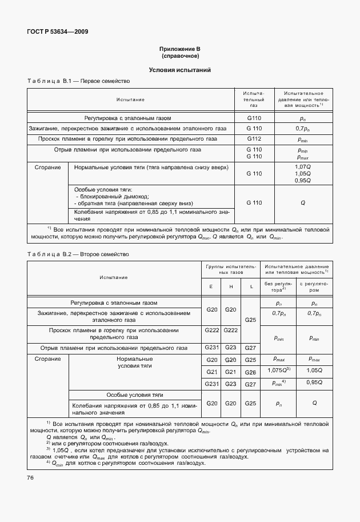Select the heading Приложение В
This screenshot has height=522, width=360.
tap(180, 49)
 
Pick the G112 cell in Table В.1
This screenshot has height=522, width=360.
tap(254, 138)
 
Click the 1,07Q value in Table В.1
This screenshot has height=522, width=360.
tap(302, 166)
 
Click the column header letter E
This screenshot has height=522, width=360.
tap(211, 286)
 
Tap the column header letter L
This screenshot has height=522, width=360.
tap(250, 286)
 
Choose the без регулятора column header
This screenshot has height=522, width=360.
tap(278, 286)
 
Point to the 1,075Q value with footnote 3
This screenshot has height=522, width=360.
tap(279, 372)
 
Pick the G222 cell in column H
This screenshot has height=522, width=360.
tap(230, 330)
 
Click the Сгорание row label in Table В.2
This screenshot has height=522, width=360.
tap(47, 359)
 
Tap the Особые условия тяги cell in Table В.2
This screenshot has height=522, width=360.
tap(135, 395)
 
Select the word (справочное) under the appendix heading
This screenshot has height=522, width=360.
tap(180, 56)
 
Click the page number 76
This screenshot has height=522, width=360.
tap(31, 477)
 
